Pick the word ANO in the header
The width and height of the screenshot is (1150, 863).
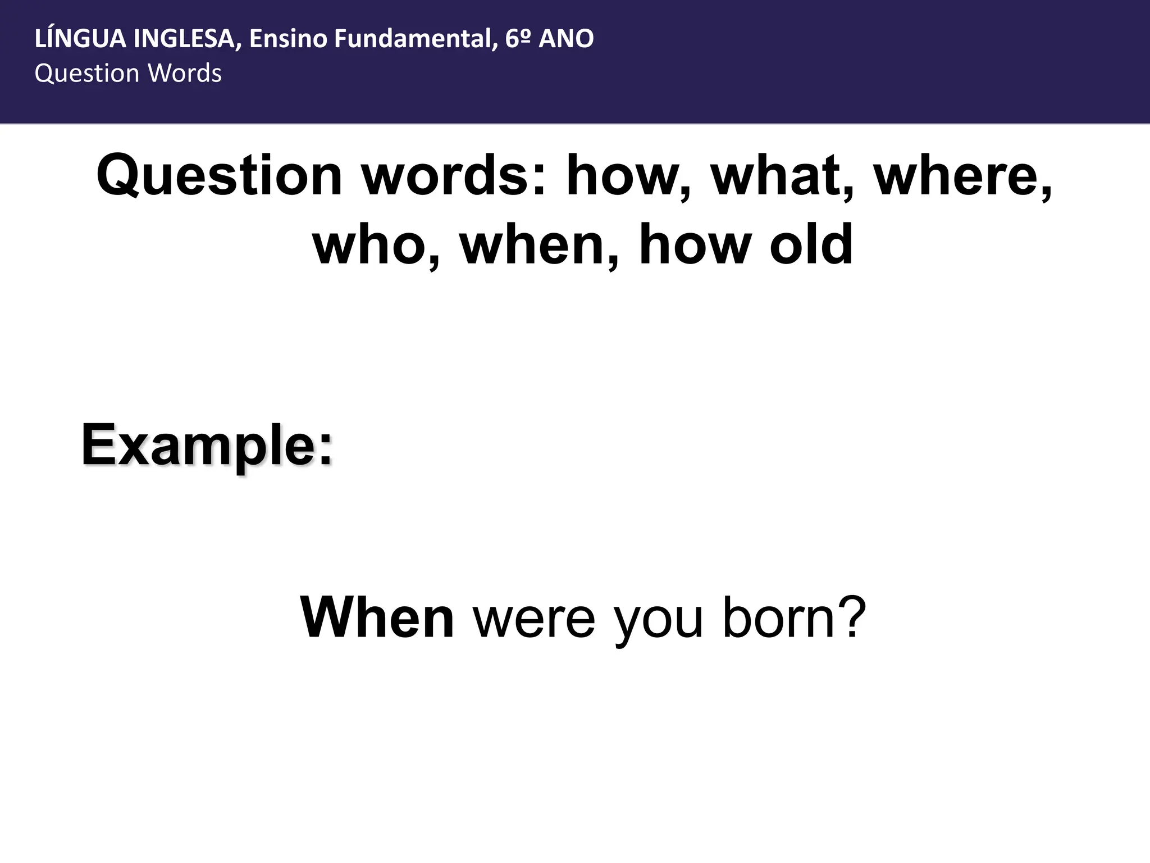pyautogui.click(x=566, y=39)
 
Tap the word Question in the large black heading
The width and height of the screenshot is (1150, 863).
pyautogui.click(x=219, y=176)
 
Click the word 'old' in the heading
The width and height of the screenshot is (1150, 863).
pyautogui.click(x=811, y=245)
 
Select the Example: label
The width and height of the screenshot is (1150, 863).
pyautogui.click(x=207, y=446)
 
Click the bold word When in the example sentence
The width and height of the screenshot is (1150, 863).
pyautogui.click(x=377, y=618)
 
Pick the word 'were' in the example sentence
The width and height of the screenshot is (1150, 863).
pyautogui.click(x=534, y=618)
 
